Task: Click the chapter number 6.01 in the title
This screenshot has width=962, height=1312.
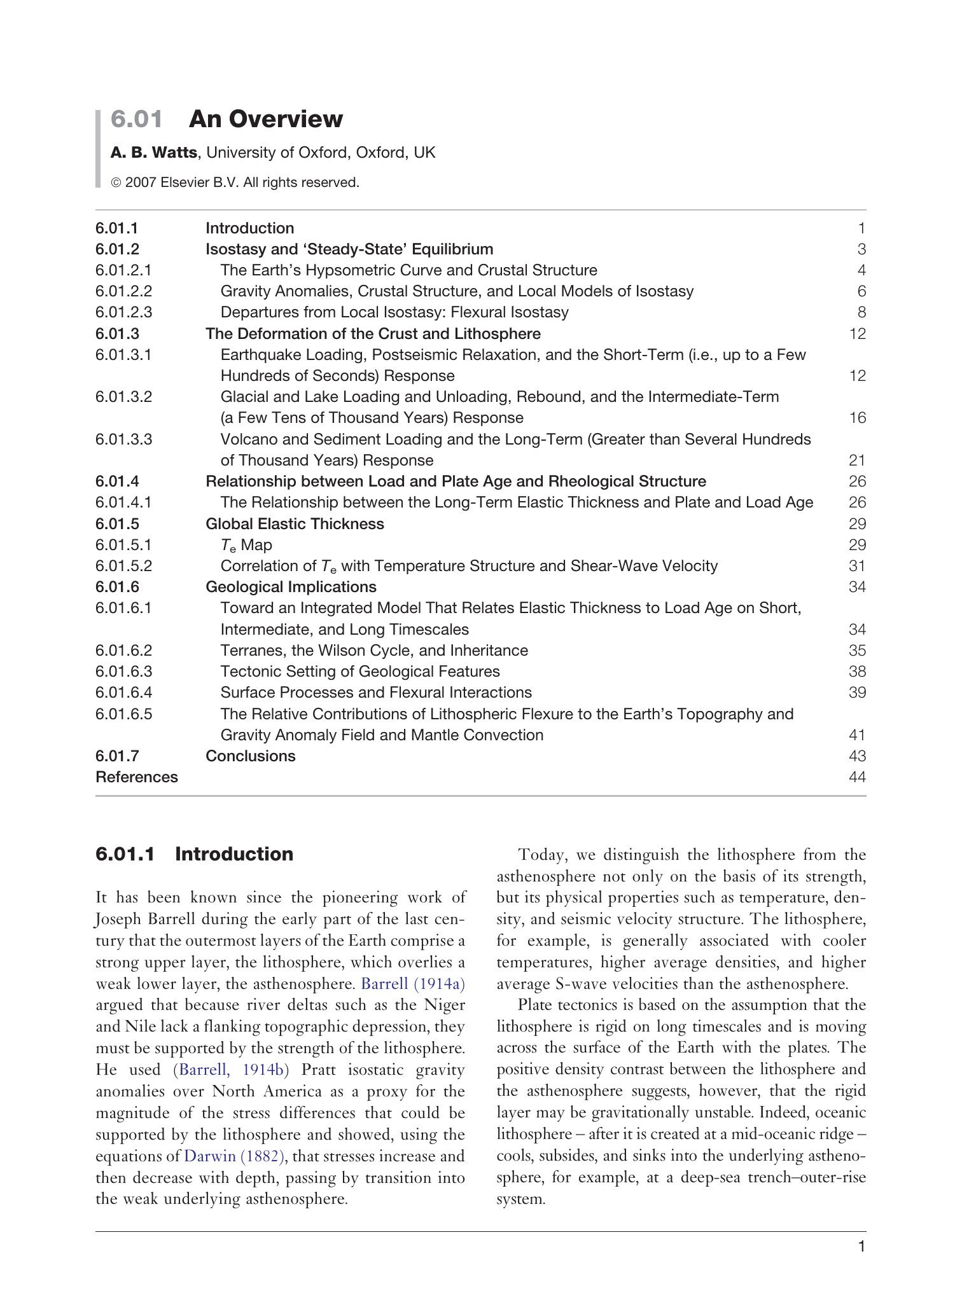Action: point(136,119)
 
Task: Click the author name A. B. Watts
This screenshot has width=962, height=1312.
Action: point(153,153)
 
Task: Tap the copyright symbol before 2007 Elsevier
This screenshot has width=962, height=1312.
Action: point(116,183)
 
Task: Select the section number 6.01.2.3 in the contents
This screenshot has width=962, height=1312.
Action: point(124,312)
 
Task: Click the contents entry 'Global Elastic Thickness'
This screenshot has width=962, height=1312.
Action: point(295,523)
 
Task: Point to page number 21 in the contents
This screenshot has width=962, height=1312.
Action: point(857,460)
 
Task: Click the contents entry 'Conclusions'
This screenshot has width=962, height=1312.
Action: point(250,756)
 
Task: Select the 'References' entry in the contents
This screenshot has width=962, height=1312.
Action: point(137,777)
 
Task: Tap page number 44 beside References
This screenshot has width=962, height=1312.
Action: point(857,777)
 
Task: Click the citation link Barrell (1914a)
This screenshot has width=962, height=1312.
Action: point(413,984)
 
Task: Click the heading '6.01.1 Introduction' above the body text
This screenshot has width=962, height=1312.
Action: point(194,854)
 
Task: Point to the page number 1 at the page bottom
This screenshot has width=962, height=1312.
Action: point(861,1264)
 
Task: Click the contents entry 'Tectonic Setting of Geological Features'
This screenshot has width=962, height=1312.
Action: point(359,672)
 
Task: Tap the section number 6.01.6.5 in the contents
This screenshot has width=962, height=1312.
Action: point(124,714)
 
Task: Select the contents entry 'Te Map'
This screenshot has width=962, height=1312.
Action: point(246,545)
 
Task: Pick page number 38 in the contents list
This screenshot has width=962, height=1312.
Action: point(857,672)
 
